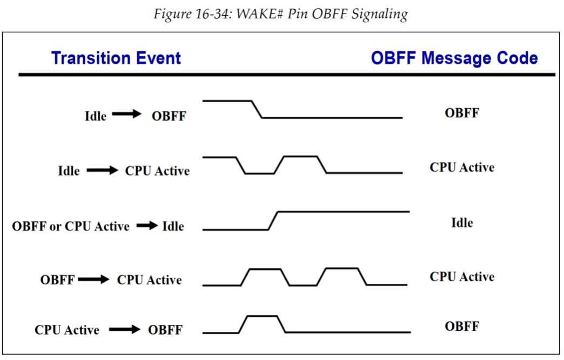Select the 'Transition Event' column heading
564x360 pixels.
point(116,58)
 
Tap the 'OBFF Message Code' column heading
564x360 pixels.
point(454,58)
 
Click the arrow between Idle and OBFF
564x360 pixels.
point(126,115)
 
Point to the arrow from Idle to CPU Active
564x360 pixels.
point(102,171)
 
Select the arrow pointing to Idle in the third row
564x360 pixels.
point(146,226)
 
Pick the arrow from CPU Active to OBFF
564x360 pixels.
point(124,329)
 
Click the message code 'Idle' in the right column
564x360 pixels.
point(462,222)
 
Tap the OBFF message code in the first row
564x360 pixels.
point(462,113)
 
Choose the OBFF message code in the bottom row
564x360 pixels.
point(462,326)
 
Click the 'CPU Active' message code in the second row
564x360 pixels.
point(462,168)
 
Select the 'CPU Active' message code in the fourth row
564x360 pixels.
point(462,277)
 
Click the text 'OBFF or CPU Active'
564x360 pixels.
point(71,226)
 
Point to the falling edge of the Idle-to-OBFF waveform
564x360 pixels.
point(257,109)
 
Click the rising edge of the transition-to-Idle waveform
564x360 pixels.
point(273,221)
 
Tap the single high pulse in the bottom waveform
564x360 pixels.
point(262,316)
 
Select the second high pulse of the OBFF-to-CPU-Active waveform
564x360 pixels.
point(342,269)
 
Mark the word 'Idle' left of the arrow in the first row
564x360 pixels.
point(96,116)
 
